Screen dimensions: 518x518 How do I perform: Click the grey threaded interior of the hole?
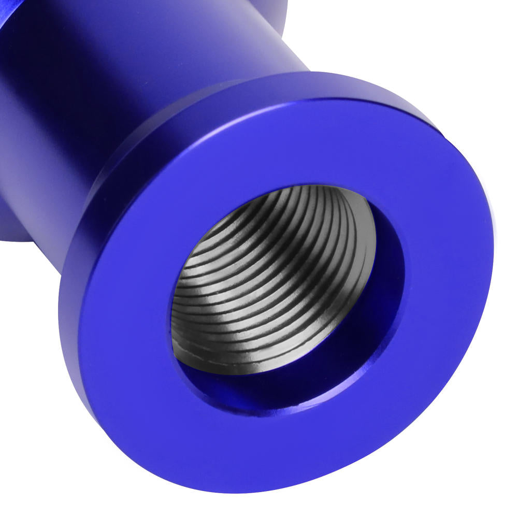269,280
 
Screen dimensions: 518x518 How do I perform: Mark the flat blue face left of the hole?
124,311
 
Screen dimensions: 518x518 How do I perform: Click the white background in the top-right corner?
466,41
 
